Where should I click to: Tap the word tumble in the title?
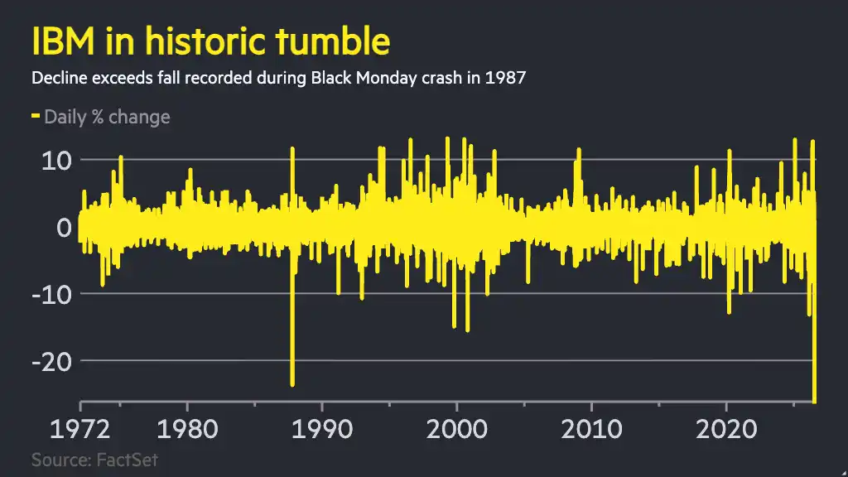click(333, 41)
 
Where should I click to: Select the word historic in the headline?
click(205, 41)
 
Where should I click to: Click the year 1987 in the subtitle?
click(505, 78)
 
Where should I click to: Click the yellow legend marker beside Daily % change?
click(36, 115)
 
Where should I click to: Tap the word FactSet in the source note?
click(127, 460)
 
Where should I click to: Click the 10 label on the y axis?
click(56, 161)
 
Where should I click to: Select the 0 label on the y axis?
click(64, 228)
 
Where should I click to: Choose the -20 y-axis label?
click(52, 362)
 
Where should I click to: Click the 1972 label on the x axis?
click(80, 430)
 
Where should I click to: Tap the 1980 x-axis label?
click(187, 430)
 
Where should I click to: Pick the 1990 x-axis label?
click(322, 430)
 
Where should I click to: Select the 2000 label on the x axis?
click(457, 430)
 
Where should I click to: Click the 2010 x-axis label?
click(591, 430)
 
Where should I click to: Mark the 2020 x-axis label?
click(726, 430)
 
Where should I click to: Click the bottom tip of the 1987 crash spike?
click(292, 385)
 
